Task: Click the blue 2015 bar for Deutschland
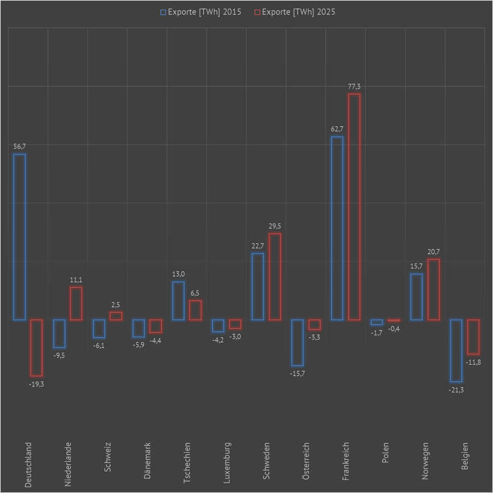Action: pyautogui.click(x=19, y=237)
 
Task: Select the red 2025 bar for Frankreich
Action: pyautogui.click(x=354, y=207)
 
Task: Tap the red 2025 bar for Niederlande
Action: pyautogui.click(x=76, y=304)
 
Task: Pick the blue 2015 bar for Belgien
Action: pyautogui.click(x=456, y=350)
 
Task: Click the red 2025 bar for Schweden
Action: pyautogui.click(x=275, y=276)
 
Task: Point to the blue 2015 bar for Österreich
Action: pyautogui.click(x=297, y=342)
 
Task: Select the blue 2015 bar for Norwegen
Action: pyautogui.click(x=417, y=297)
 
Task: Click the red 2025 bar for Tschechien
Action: pyautogui.click(x=195, y=310)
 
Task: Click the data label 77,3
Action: pyautogui.click(x=354, y=86)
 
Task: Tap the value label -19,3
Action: pyautogui.click(x=36, y=384)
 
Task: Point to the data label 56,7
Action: pyautogui.click(x=19, y=146)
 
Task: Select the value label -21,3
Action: pyautogui.click(x=456, y=390)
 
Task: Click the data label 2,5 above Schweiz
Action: pyautogui.click(x=116, y=304)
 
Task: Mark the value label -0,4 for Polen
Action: pyautogui.click(x=394, y=329)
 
